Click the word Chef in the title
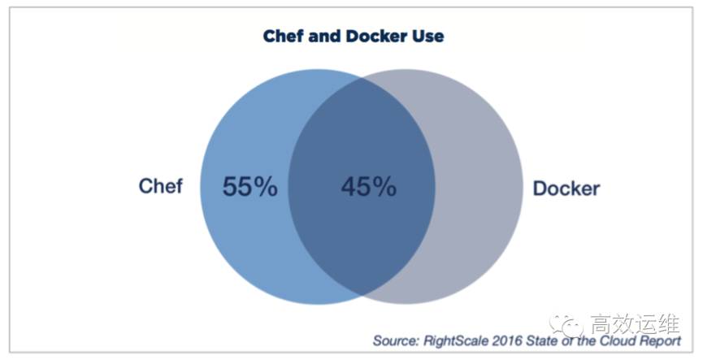click(281, 37)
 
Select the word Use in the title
click(429, 37)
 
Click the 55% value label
click(250, 187)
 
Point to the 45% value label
click(368, 187)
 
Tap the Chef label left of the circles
click(161, 186)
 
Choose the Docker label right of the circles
click(566, 189)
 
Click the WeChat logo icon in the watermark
click(567, 323)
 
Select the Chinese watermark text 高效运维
click(633, 323)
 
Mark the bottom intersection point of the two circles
click(362, 294)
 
